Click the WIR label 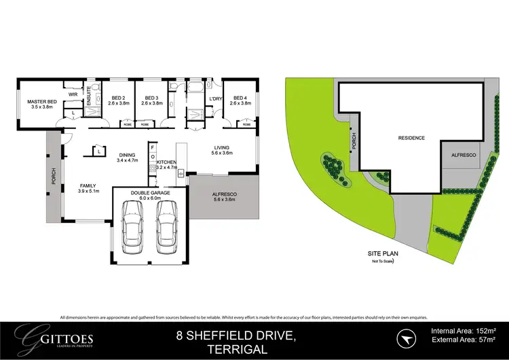73,94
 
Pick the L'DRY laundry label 216,99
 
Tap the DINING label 127,154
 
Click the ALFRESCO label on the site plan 463,156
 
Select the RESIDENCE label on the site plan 411,138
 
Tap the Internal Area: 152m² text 464,331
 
